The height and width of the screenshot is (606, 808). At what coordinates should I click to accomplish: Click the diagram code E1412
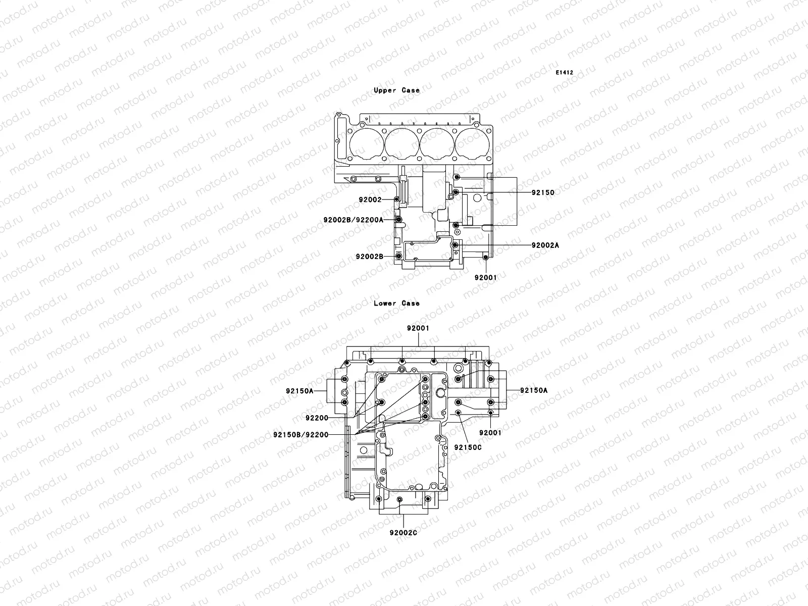point(565,73)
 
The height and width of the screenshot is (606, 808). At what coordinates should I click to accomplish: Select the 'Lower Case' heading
point(396,304)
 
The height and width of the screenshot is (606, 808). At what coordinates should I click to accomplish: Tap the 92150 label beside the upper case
point(543,192)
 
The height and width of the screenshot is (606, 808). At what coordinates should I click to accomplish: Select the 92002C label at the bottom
point(403,532)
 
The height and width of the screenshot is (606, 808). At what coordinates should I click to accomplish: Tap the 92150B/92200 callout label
point(300,434)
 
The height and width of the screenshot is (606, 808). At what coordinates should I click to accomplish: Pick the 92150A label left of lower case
point(299,390)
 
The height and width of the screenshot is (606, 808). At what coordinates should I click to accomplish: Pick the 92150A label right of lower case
point(534,390)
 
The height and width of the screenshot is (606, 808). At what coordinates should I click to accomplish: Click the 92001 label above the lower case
point(418,328)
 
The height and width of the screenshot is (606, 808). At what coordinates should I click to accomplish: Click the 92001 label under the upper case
point(485,277)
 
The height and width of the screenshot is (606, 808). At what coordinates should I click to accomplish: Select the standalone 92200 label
point(317,418)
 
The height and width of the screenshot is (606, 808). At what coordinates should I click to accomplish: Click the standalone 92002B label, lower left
point(370,257)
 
